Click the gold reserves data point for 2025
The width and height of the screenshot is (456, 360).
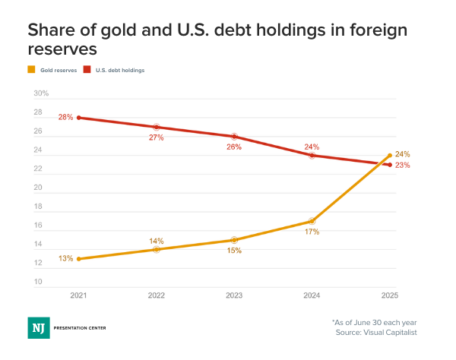(x=390, y=156)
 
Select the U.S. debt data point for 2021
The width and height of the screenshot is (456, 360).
(x=78, y=118)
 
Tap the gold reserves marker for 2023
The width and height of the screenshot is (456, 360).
(x=234, y=240)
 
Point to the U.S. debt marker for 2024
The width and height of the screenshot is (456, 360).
(x=312, y=155)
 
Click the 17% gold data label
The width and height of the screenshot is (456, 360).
(x=312, y=231)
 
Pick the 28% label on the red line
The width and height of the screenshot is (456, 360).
(x=65, y=118)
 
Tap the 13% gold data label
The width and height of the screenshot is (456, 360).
(x=65, y=259)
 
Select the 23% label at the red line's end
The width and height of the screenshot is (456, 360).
(x=403, y=166)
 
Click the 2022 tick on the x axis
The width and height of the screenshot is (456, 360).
(x=156, y=295)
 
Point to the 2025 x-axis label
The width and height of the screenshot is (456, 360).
(x=390, y=295)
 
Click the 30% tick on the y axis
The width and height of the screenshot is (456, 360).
(x=41, y=93)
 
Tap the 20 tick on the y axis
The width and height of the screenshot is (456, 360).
(x=37, y=188)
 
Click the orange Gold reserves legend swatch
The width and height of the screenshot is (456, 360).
(x=31, y=70)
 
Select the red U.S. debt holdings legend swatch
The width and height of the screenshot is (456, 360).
(x=87, y=70)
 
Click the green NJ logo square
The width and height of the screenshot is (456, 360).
(x=38, y=327)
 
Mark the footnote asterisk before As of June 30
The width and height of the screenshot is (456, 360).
(x=334, y=321)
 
